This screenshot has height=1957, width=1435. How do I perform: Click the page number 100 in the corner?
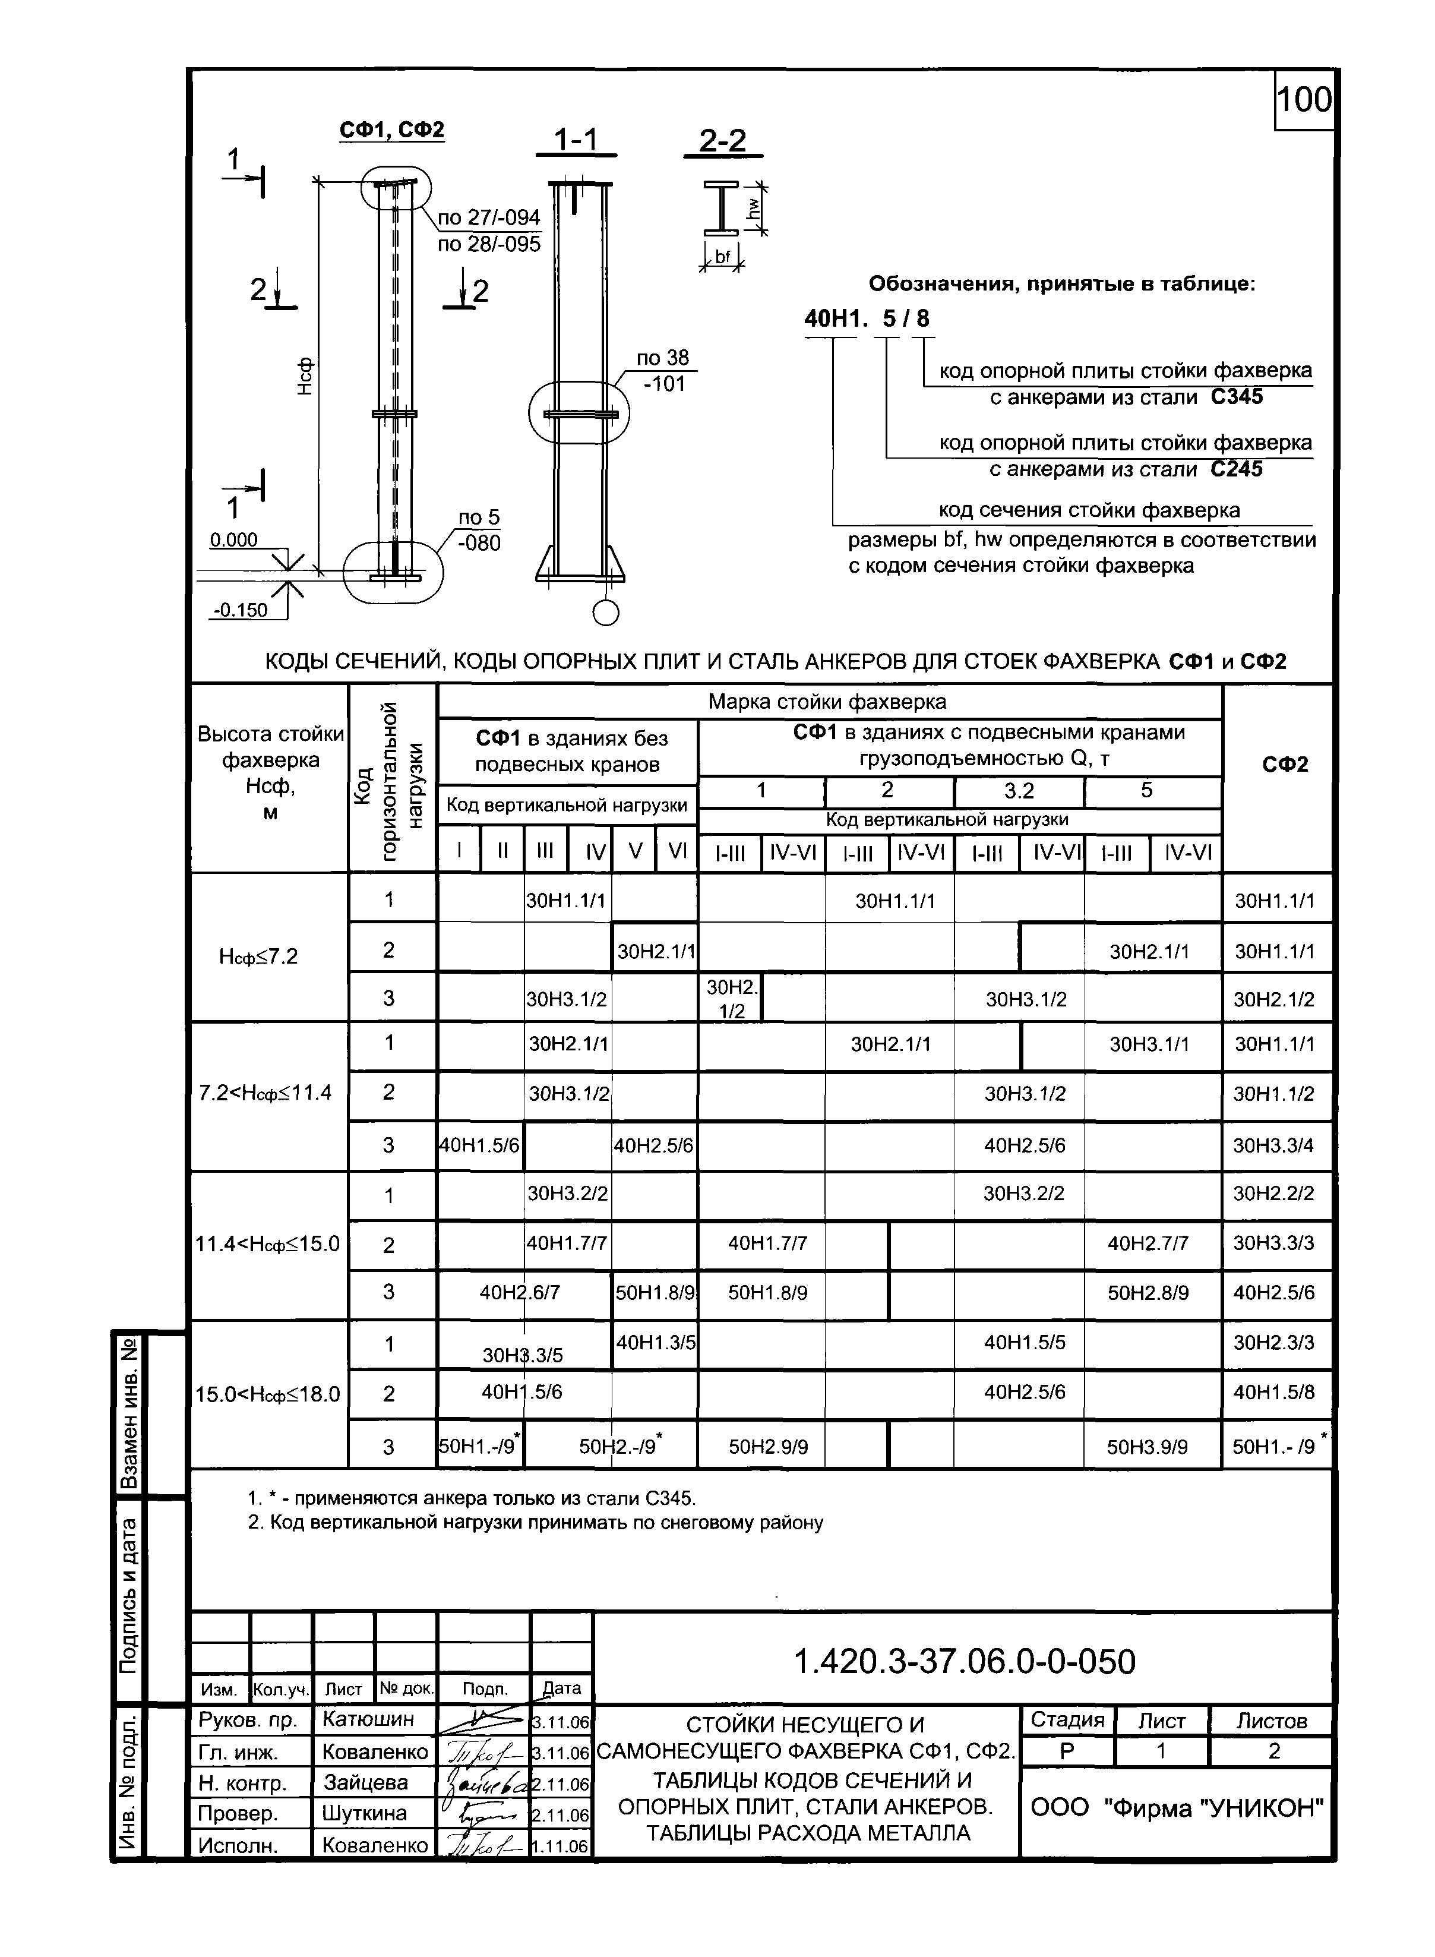click(x=1303, y=100)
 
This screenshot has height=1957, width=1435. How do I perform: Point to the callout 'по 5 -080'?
click(x=479, y=530)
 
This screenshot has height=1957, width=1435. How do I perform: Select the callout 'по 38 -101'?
click(x=663, y=370)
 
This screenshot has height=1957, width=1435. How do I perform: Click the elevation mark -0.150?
click(x=241, y=610)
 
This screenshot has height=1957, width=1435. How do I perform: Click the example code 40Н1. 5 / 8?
click(x=866, y=319)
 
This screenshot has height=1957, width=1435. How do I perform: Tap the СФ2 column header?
click(x=1285, y=765)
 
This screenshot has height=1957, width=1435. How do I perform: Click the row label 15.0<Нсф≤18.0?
click(x=267, y=1394)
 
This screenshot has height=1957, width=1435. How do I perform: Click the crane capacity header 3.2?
click(x=1019, y=790)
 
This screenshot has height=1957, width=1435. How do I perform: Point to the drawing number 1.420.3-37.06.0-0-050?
click(x=964, y=1662)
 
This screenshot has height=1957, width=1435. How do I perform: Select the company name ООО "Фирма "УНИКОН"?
click(x=1177, y=1808)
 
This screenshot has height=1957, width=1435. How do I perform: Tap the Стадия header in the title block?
click(x=1067, y=1720)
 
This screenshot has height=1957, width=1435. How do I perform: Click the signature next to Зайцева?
click(x=483, y=1784)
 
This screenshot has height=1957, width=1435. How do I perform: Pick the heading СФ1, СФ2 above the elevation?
click(x=392, y=130)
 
